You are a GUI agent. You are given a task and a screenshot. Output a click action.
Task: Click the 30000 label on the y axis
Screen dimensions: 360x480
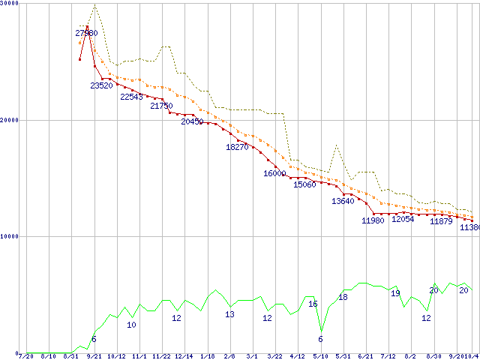tap(10, 4)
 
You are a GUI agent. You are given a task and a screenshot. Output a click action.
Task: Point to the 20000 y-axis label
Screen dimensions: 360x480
tap(10, 120)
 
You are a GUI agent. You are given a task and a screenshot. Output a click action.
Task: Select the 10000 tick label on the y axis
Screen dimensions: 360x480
tap(10, 236)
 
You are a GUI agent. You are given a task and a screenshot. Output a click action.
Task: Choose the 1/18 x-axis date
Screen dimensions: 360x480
tap(208, 355)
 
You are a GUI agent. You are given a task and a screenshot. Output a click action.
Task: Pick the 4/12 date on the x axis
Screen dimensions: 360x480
tap(298, 355)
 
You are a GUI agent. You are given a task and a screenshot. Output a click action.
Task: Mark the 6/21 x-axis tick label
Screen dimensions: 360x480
tap(365, 355)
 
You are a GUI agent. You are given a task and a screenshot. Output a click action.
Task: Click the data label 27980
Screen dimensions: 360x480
tap(86, 33)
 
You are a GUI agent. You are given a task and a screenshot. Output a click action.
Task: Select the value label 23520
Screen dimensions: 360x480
tap(101, 85)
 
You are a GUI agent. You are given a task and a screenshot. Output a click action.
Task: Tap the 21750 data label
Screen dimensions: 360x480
tap(161, 106)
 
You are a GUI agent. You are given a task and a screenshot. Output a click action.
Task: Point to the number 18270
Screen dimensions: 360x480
tap(237, 147)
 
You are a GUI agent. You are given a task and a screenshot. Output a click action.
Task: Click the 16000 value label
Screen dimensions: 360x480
tap(274, 173)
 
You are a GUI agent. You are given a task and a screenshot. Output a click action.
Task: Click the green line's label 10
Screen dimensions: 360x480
tap(131, 325)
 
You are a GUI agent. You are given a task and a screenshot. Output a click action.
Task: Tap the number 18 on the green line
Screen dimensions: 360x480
tap(343, 297)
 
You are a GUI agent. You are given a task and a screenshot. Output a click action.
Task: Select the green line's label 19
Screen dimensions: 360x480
tap(395, 293)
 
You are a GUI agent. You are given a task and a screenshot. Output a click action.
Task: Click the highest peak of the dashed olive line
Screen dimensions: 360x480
tap(94, 7)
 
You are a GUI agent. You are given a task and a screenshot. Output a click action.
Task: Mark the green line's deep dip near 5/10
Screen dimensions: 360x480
tap(321, 331)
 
